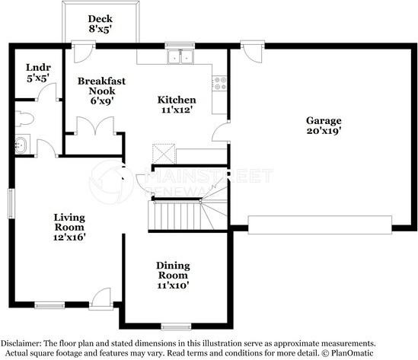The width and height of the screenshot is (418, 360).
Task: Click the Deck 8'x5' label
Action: click(101, 24)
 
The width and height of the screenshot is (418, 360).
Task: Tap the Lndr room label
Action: click(38, 68)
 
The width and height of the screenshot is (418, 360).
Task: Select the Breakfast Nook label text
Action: click(101, 86)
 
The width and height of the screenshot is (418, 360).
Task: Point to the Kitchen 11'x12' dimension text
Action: click(177, 110)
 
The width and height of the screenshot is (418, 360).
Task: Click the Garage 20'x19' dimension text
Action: click(324, 131)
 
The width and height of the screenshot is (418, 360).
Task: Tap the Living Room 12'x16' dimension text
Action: click(69, 237)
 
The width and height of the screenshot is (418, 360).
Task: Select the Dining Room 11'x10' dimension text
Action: click(173, 285)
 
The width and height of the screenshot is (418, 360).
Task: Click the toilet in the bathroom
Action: click(24, 119)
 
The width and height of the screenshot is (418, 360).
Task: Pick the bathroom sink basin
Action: click(21, 145)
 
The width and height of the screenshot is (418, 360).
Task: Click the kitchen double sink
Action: click(180, 57)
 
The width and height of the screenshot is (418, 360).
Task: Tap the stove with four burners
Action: click(220, 83)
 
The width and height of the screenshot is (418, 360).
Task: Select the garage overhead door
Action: click(320, 225)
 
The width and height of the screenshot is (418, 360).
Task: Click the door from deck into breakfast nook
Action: click(83, 52)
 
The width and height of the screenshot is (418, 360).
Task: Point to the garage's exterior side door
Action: click(253, 52)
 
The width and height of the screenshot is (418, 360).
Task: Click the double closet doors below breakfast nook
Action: click(95, 126)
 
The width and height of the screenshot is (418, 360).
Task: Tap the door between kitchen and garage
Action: click(221, 132)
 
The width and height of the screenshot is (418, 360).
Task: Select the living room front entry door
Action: click(101, 298)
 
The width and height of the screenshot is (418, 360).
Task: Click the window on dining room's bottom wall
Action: click(176, 327)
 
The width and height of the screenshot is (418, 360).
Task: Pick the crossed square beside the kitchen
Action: click(164, 154)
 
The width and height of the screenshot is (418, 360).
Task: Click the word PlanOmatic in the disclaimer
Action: click(353, 353)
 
